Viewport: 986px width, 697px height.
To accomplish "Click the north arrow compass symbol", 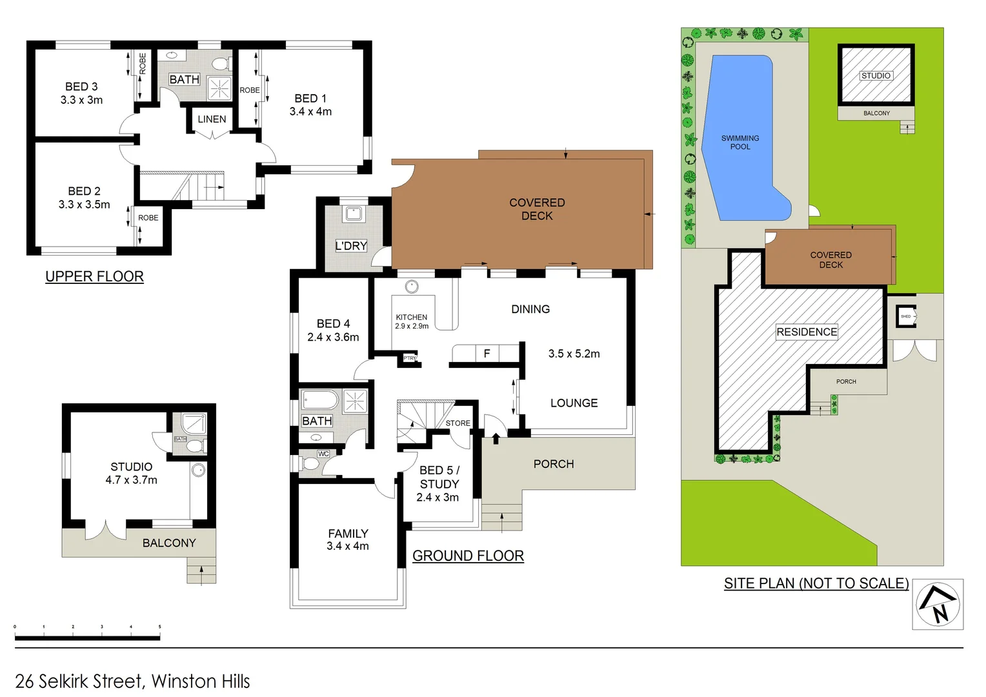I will tap(938, 605).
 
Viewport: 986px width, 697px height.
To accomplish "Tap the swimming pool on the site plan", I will tap(742, 142).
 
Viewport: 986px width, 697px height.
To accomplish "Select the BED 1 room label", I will tap(310, 99).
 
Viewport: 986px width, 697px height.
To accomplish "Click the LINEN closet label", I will tap(212, 119).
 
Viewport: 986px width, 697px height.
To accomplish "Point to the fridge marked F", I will tap(487, 354).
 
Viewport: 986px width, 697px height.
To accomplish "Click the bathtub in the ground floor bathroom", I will tap(319, 401).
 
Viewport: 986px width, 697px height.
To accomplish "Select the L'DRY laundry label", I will tap(351, 246).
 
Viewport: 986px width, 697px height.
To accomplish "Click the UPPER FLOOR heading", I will tap(94, 277).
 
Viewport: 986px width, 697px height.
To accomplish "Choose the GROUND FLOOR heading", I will tap(468, 556).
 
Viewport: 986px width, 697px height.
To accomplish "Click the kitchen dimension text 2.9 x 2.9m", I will tap(412, 327).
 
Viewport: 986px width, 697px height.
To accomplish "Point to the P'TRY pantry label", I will tap(410, 358).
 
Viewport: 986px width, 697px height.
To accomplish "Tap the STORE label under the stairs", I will tap(458, 423).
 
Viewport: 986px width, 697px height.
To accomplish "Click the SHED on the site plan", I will tap(906, 316).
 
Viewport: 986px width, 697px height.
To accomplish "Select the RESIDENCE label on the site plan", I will tap(807, 332).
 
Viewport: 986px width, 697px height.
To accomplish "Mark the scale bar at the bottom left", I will tap(87, 638).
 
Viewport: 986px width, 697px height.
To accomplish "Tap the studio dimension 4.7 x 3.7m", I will tap(132, 480).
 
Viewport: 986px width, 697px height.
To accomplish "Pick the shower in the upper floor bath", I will tap(219, 88).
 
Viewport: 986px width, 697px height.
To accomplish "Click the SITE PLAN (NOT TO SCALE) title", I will tap(816, 583).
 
